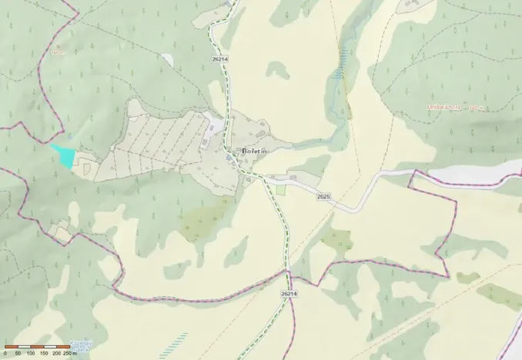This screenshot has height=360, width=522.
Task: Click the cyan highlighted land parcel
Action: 64,155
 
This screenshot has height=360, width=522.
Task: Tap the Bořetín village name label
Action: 248,150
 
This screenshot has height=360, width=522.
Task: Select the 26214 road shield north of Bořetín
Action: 219,59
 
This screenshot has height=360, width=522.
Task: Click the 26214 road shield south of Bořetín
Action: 289,294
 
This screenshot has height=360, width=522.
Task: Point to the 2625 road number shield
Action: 323,198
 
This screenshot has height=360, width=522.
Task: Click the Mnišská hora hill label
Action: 444,108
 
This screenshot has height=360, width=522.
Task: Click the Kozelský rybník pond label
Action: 81,345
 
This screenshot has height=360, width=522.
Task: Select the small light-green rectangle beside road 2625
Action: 280,188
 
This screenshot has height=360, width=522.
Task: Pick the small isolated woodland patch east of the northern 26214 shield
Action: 278,72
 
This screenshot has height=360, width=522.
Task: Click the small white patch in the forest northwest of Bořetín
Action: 168,59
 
